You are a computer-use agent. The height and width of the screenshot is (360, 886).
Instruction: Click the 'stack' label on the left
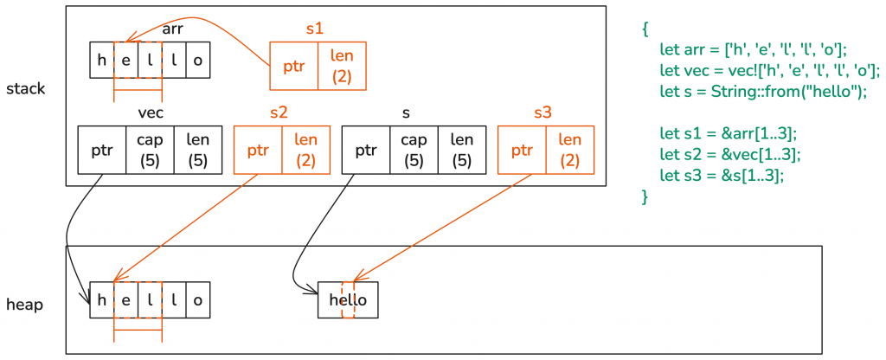[25, 88]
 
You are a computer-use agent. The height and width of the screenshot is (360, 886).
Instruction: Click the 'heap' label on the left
[25, 305]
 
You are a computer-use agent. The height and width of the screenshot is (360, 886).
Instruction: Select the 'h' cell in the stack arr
[102, 61]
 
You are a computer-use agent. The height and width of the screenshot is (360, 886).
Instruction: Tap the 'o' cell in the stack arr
[198, 61]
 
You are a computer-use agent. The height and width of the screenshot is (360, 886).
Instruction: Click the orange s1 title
[315, 28]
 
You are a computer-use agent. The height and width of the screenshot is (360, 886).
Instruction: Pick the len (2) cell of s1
[342, 66]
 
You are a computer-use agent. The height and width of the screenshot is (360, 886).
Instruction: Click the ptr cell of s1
[294, 67]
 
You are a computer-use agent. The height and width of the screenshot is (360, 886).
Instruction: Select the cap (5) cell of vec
[150, 150]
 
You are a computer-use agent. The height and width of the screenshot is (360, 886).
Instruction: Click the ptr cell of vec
[102, 150]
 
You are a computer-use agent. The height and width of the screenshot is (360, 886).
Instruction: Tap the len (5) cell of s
[461, 150]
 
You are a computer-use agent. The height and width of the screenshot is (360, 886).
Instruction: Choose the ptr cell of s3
[522, 150]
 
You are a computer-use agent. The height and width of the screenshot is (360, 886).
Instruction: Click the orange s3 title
[542, 112]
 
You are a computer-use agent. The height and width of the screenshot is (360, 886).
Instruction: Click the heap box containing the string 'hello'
[348, 299]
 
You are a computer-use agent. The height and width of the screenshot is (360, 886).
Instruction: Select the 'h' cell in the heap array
[102, 299]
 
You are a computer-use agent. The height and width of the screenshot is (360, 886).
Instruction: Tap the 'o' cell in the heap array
[198, 299]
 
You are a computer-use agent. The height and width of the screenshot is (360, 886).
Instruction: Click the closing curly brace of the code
[645, 197]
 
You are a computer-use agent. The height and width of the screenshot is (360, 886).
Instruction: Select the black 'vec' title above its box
[151, 112]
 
